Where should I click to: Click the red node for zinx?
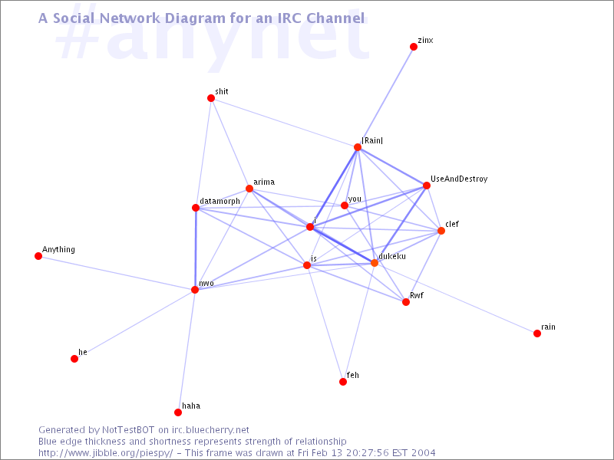(x=414, y=47)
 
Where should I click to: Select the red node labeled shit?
(x=211, y=98)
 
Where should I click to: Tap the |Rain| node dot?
(x=358, y=147)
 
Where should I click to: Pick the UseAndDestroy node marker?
(x=427, y=186)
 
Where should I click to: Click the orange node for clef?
(x=441, y=231)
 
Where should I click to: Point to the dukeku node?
(x=375, y=263)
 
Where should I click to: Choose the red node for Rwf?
(x=406, y=302)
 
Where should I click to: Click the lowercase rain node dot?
(x=537, y=333)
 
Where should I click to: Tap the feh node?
(x=343, y=382)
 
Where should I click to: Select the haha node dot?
(x=178, y=412)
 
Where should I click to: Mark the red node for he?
(x=74, y=359)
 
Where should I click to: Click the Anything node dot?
(x=38, y=256)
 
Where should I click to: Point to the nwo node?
(x=195, y=290)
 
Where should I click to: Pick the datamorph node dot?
(x=196, y=208)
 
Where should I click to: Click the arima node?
(x=249, y=189)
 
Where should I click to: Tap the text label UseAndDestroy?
(x=459, y=179)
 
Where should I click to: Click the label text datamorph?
(x=220, y=201)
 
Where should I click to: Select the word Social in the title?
(x=73, y=17)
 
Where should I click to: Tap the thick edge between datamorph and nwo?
(x=196, y=248)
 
